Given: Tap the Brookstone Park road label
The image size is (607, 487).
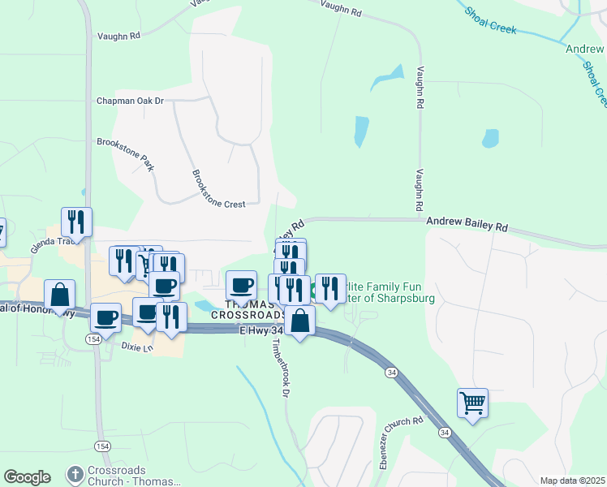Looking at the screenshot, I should click(x=125, y=153).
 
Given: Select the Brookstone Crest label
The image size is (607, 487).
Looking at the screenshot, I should click(x=218, y=189).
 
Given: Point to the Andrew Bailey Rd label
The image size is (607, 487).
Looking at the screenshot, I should click(x=467, y=223).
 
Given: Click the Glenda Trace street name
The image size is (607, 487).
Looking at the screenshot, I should click(x=56, y=241).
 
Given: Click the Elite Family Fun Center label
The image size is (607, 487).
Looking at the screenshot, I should click(x=390, y=292).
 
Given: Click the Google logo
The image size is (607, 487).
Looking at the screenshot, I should click(x=27, y=477).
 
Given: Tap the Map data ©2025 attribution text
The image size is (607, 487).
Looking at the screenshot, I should click(x=572, y=481).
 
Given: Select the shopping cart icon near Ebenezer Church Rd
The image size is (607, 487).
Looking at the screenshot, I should click(x=472, y=401).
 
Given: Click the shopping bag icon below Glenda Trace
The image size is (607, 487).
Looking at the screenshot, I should click(x=60, y=294).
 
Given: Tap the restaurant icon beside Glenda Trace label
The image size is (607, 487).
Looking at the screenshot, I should click(x=76, y=221).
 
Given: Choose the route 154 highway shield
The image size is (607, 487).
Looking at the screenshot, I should click(x=96, y=339).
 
